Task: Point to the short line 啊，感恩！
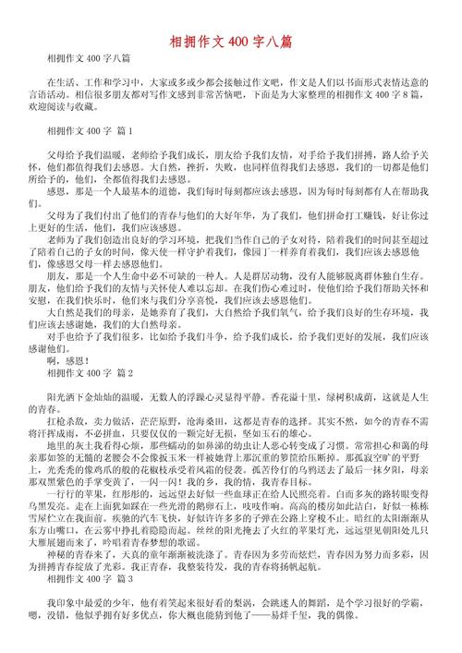74,335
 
